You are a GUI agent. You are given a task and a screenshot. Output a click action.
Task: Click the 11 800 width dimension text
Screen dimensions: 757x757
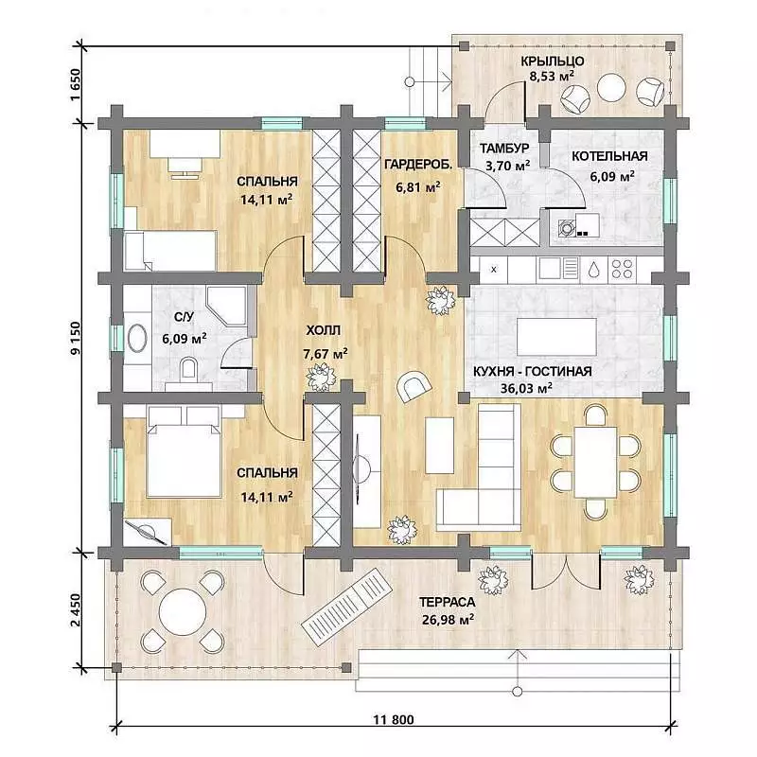tap(393, 720)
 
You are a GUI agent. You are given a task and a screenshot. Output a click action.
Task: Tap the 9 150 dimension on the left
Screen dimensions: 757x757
tap(76, 338)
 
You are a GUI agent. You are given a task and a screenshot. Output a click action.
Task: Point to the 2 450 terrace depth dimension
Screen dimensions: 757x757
tap(76, 609)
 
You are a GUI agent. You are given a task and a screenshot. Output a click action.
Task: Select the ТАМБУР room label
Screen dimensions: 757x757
tap(504, 149)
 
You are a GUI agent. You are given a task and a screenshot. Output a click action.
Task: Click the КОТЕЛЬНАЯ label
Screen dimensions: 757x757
tap(609, 156)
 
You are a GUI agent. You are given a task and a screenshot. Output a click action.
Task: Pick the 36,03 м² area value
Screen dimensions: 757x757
tap(526, 388)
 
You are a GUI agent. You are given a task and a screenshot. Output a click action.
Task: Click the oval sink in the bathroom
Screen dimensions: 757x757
tap(137, 339)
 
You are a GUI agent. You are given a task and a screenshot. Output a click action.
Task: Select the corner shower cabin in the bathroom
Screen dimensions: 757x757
tap(226, 305)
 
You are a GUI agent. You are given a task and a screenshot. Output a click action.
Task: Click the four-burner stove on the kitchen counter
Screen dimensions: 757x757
tap(623, 269)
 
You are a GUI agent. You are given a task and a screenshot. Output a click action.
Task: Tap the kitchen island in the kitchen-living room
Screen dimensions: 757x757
tap(556, 337)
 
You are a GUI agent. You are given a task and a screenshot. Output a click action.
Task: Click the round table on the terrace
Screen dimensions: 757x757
tap(183, 612)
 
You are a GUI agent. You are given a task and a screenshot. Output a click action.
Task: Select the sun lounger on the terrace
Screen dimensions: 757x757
tap(347, 607)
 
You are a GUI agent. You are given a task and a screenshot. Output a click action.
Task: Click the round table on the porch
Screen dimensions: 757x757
tap(611, 87)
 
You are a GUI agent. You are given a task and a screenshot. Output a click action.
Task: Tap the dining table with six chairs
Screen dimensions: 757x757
tap(595, 462)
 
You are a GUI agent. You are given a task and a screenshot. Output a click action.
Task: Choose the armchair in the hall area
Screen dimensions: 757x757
tap(413, 386)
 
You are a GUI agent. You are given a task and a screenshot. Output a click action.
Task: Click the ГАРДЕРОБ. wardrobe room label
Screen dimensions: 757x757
tap(418, 165)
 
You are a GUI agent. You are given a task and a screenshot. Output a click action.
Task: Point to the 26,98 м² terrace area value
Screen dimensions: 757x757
tap(448, 620)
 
